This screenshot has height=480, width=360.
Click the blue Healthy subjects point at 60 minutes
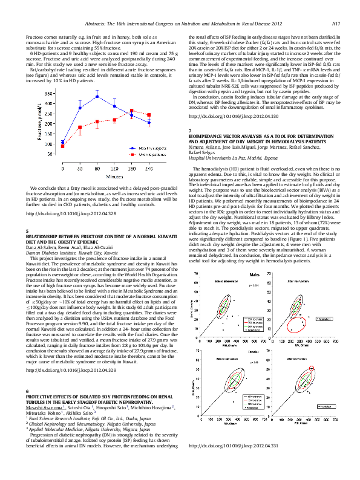(x=97, y=96)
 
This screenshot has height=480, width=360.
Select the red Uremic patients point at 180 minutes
(x=132, y=111)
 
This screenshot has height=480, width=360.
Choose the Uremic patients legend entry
(x=141, y=155)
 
